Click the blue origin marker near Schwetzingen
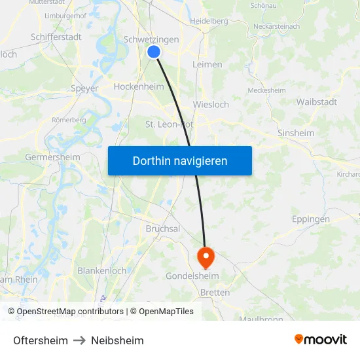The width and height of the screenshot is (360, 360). click(x=154, y=52)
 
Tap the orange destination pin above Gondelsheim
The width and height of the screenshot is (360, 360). click(x=206, y=256)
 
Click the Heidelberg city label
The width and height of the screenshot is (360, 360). click(x=208, y=21)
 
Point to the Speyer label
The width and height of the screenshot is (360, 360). click(x=84, y=88)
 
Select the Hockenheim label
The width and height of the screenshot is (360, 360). click(x=139, y=86)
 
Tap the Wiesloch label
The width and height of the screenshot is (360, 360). click(x=211, y=104)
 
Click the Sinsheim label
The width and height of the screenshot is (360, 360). click(x=296, y=133)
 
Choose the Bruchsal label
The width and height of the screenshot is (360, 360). click(x=163, y=228)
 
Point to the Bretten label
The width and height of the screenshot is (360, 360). click(x=215, y=293)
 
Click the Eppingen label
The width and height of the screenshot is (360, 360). click(x=311, y=219)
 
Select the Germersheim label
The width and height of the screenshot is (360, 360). click(x=52, y=157)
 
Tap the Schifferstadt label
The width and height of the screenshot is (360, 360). click(x=56, y=37)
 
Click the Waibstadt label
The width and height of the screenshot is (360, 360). click(x=317, y=101)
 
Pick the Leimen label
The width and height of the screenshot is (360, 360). click(x=207, y=64)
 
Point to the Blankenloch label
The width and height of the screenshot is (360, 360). click(x=102, y=270)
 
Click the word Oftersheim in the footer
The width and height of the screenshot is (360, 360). click(x=41, y=340)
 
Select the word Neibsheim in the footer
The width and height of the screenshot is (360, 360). click(x=117, y=340)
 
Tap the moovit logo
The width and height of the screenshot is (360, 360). click(x=320, y=339)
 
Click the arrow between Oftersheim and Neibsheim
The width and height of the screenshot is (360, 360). click(x=79, y=340)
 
